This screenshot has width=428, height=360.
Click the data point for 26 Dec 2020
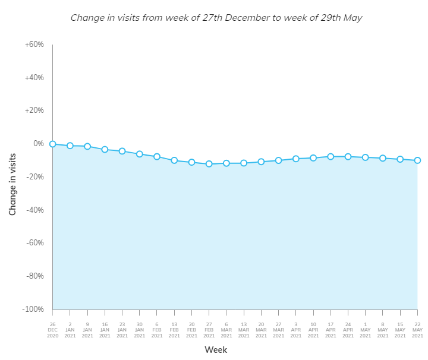coord(52,144)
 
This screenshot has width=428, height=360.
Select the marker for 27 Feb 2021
coord(209,164)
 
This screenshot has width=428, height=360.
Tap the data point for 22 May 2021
coord(417,160)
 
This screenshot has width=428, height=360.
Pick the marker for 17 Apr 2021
coord(331,156)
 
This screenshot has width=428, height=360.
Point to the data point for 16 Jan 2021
coord(105,149)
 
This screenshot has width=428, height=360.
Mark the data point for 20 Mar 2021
coord(261,162)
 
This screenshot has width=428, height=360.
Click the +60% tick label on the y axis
coord(34,45)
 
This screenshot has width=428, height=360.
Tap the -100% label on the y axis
coord(33,310)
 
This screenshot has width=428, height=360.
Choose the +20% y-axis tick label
coord(34,110)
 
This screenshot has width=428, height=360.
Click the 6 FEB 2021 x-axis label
coord(157,330)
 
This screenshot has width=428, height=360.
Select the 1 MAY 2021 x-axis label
coord(365,330)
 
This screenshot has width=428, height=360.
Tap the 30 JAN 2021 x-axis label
coord(139,330)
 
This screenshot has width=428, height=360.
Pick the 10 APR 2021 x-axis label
coord(313,330)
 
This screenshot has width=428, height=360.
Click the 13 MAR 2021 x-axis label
coord(244,330)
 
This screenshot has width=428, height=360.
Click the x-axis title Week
coord(216,350)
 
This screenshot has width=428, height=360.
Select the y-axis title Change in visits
coord(12,184)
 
